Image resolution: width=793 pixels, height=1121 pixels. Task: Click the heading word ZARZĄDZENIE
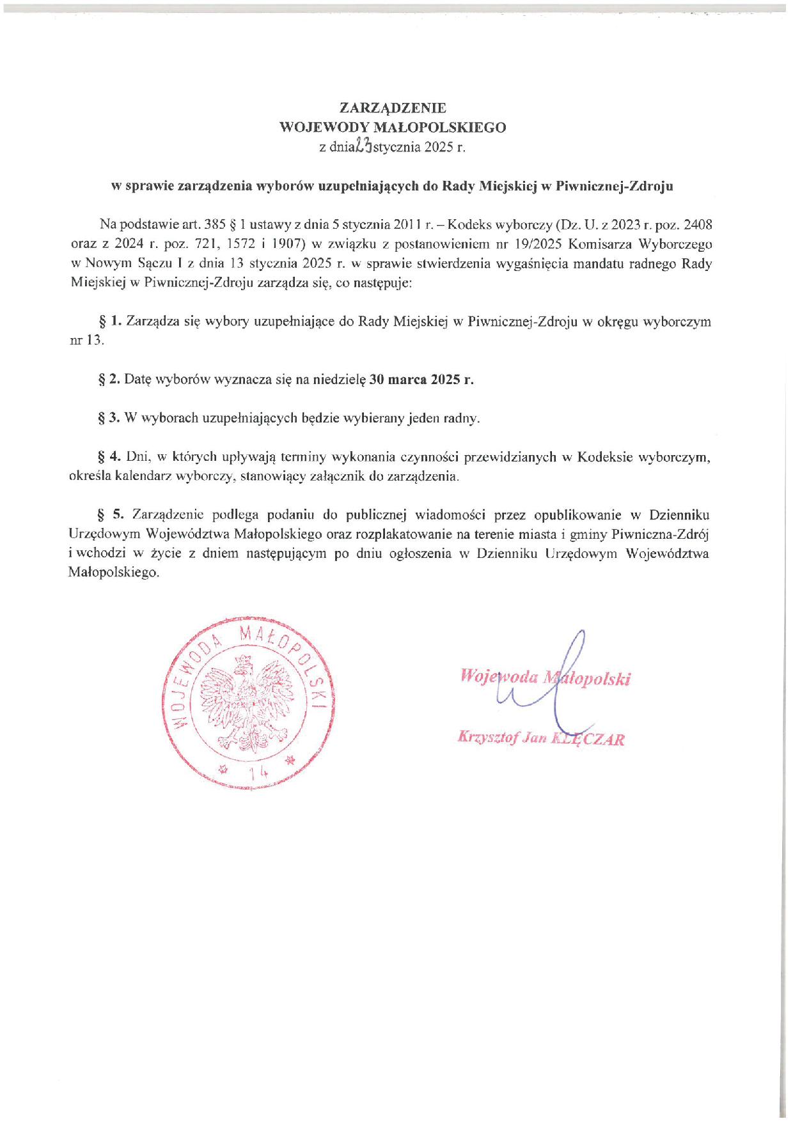click(393, 107)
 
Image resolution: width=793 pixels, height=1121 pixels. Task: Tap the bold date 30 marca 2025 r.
click(422, 380)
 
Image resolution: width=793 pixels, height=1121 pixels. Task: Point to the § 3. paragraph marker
click(109, 419)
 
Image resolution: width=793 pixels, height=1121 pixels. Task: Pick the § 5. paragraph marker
click(109, 515)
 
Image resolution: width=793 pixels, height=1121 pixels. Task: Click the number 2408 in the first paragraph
click(698, 225)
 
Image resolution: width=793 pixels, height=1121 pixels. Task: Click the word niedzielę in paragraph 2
click(339, 380)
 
